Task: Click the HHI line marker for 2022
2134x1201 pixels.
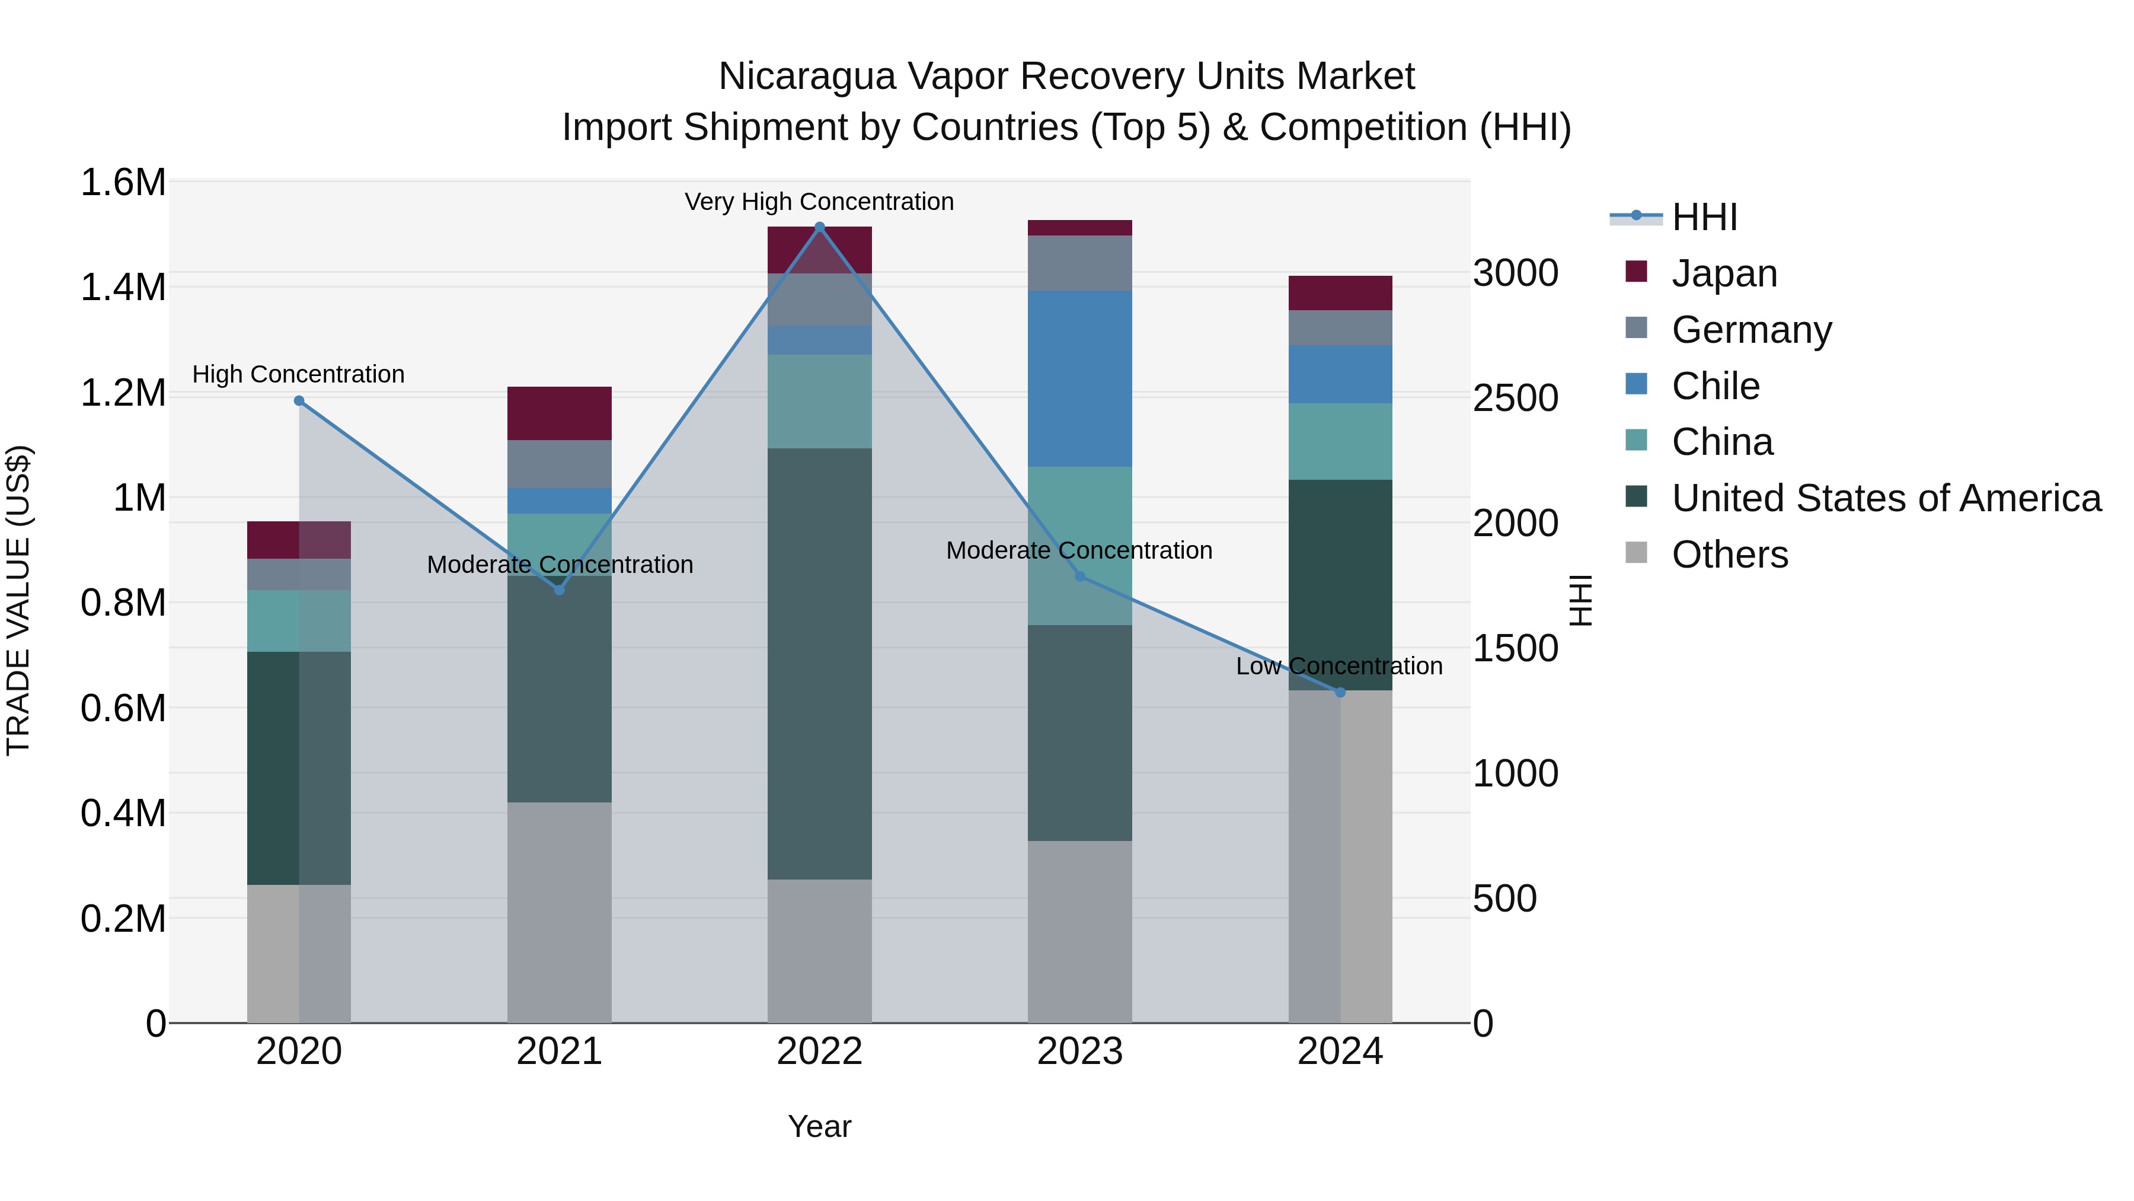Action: [819, 227]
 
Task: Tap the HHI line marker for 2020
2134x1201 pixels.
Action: [299, 401]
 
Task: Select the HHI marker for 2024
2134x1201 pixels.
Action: [1340, 692]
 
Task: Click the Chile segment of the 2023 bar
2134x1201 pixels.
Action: [1079, 379]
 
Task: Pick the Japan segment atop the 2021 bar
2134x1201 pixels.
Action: [559, 413]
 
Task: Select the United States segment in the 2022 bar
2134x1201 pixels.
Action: [819, 663]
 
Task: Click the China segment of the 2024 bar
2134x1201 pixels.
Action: [1340, 441]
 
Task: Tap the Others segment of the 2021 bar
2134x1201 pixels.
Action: [559, 912]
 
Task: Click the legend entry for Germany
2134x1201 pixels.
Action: [1750, 330]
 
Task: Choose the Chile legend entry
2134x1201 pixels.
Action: [1715, 386]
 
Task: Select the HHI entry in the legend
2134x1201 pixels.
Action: [1703, 217]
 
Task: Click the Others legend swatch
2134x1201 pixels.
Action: [1636, 553]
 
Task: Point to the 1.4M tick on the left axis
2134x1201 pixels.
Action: [123, 288]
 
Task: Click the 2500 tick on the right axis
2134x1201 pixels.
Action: [1515, 398]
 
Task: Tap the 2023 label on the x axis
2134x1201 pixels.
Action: [1079, 1052]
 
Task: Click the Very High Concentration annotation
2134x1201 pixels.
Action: [819, 202]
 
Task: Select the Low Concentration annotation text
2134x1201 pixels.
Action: [1338, 667]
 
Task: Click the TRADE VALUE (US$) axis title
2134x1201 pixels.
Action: [18, 600]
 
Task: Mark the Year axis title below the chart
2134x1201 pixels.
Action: [819, 1126]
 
